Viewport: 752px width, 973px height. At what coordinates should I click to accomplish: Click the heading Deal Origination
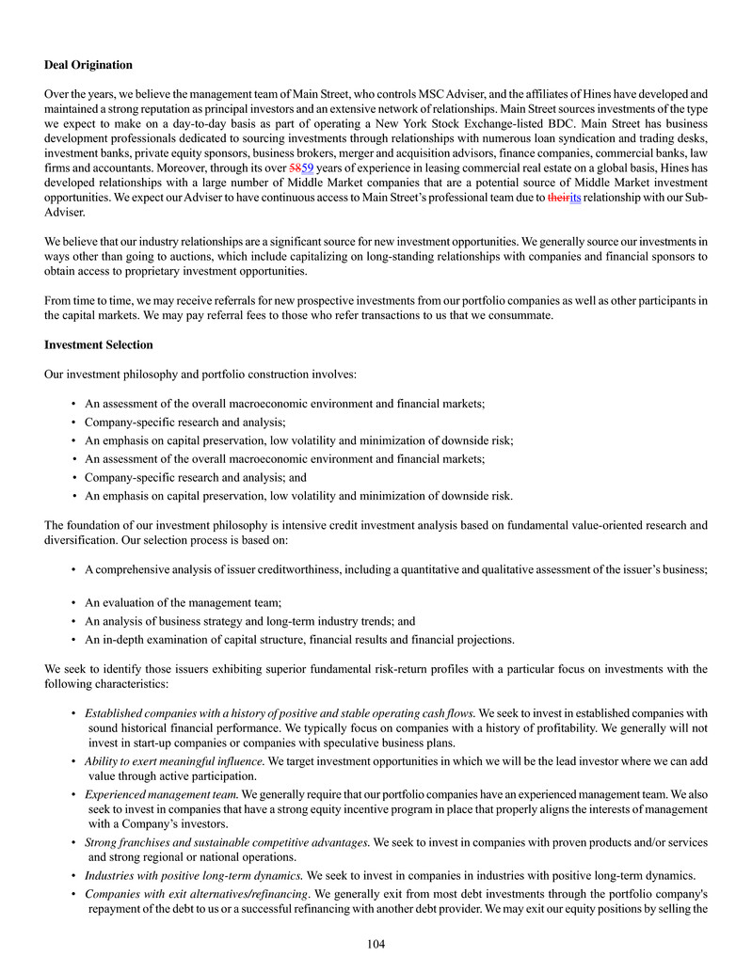(88, 65)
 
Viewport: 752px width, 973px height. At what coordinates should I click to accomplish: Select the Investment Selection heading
(99, 345)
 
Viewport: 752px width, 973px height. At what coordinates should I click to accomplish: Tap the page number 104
(376, 944)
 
